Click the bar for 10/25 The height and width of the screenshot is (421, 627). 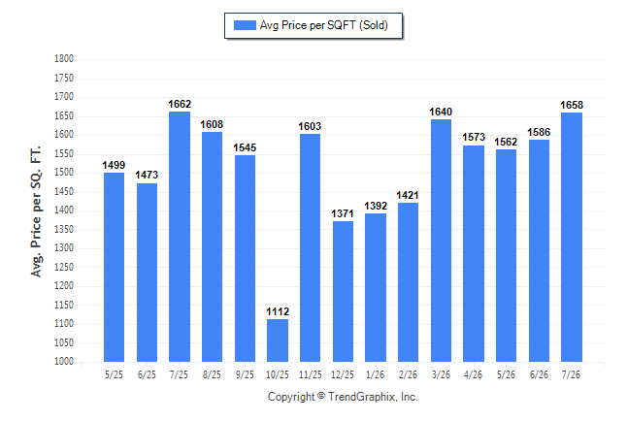(x=278, y=340)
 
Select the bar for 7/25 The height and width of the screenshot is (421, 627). (x=180, y=237)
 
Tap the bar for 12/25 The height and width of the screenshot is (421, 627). (x=343, y=291)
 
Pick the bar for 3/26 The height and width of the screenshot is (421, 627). (x=441, y=241)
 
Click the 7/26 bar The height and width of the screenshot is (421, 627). (x=572, y=237)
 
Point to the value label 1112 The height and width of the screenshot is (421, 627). (x=278, y=311)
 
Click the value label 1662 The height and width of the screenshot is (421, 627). (x=180, y=104)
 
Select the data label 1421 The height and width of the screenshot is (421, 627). (x=408, y=195)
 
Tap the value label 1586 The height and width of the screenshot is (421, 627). (x=539, y=132)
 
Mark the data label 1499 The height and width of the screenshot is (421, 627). (x=114, y=165)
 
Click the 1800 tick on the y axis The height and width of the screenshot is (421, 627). (x=64, y=59)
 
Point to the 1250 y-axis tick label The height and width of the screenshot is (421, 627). (x=64, y=267)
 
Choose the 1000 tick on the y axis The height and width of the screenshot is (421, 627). (x=64, y=362)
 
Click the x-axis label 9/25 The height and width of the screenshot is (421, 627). (x=245, y=374)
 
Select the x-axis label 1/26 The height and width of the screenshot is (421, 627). (x=375, y=374)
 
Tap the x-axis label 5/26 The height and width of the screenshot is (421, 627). (x=506, y=374)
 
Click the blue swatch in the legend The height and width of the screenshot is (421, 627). (x=245, y=25)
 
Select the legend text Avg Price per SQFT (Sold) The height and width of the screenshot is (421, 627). (x=324, y=25)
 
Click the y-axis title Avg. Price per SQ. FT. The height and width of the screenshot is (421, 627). (x=36, y=211)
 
